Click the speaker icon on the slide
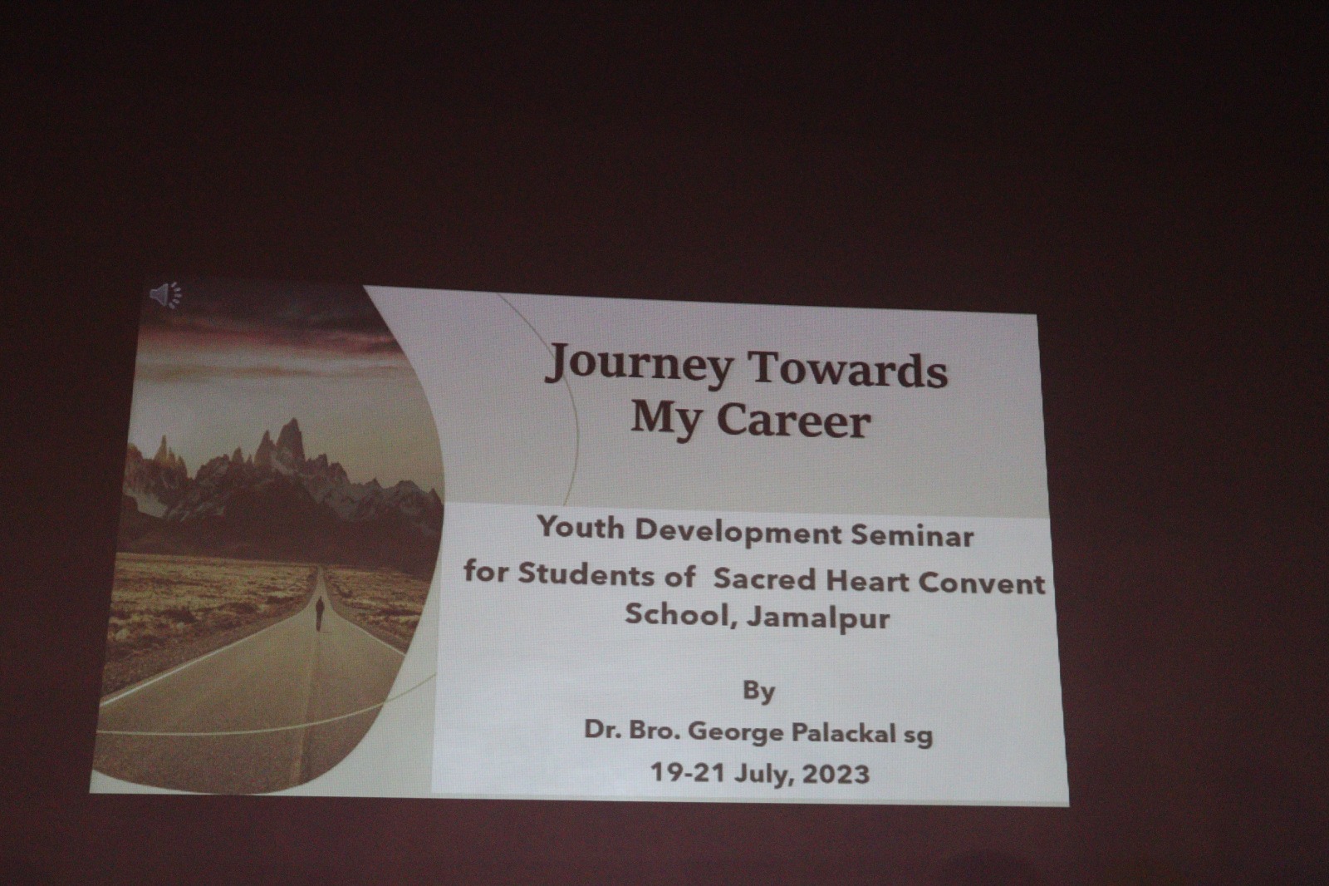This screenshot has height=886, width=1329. coord(166,295)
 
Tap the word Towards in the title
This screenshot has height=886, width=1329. coord(849,369)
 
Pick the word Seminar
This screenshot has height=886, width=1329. coord(913,535)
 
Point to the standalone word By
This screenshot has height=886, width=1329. coord(759,692)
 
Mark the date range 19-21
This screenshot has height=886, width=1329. coord(689,772)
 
